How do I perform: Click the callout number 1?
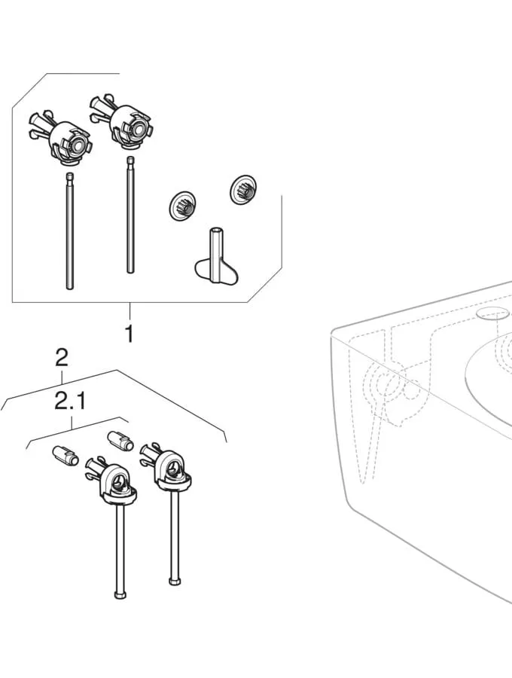point(129,333)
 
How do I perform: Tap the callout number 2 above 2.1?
point(62,358)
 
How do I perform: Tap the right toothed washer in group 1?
point(242,190)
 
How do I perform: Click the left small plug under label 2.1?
point(66,457)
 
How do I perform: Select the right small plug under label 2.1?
point(119,441)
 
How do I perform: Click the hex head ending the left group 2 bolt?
point(119,594)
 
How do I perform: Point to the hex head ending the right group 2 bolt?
point(173,580)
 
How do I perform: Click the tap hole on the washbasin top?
point(491,312)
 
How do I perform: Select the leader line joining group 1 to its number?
point(130,312)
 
